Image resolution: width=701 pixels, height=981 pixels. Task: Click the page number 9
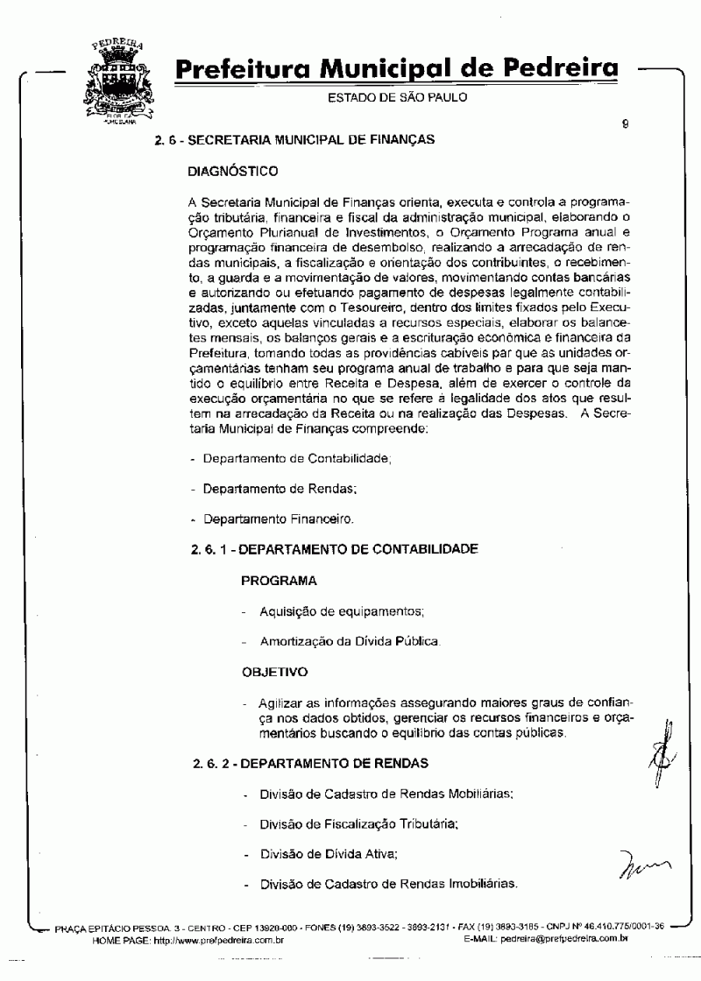point(625,124)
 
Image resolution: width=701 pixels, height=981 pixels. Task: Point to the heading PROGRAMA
point(279,580)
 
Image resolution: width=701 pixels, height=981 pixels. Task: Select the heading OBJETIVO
point(274,673)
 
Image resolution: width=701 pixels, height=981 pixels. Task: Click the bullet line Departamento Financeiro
point(278,519)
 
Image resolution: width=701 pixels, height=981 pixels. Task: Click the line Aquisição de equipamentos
point(342,610)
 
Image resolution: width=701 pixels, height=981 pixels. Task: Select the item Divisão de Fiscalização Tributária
point(358,823)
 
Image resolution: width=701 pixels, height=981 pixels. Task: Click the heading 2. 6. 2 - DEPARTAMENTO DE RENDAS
point(310,763)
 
